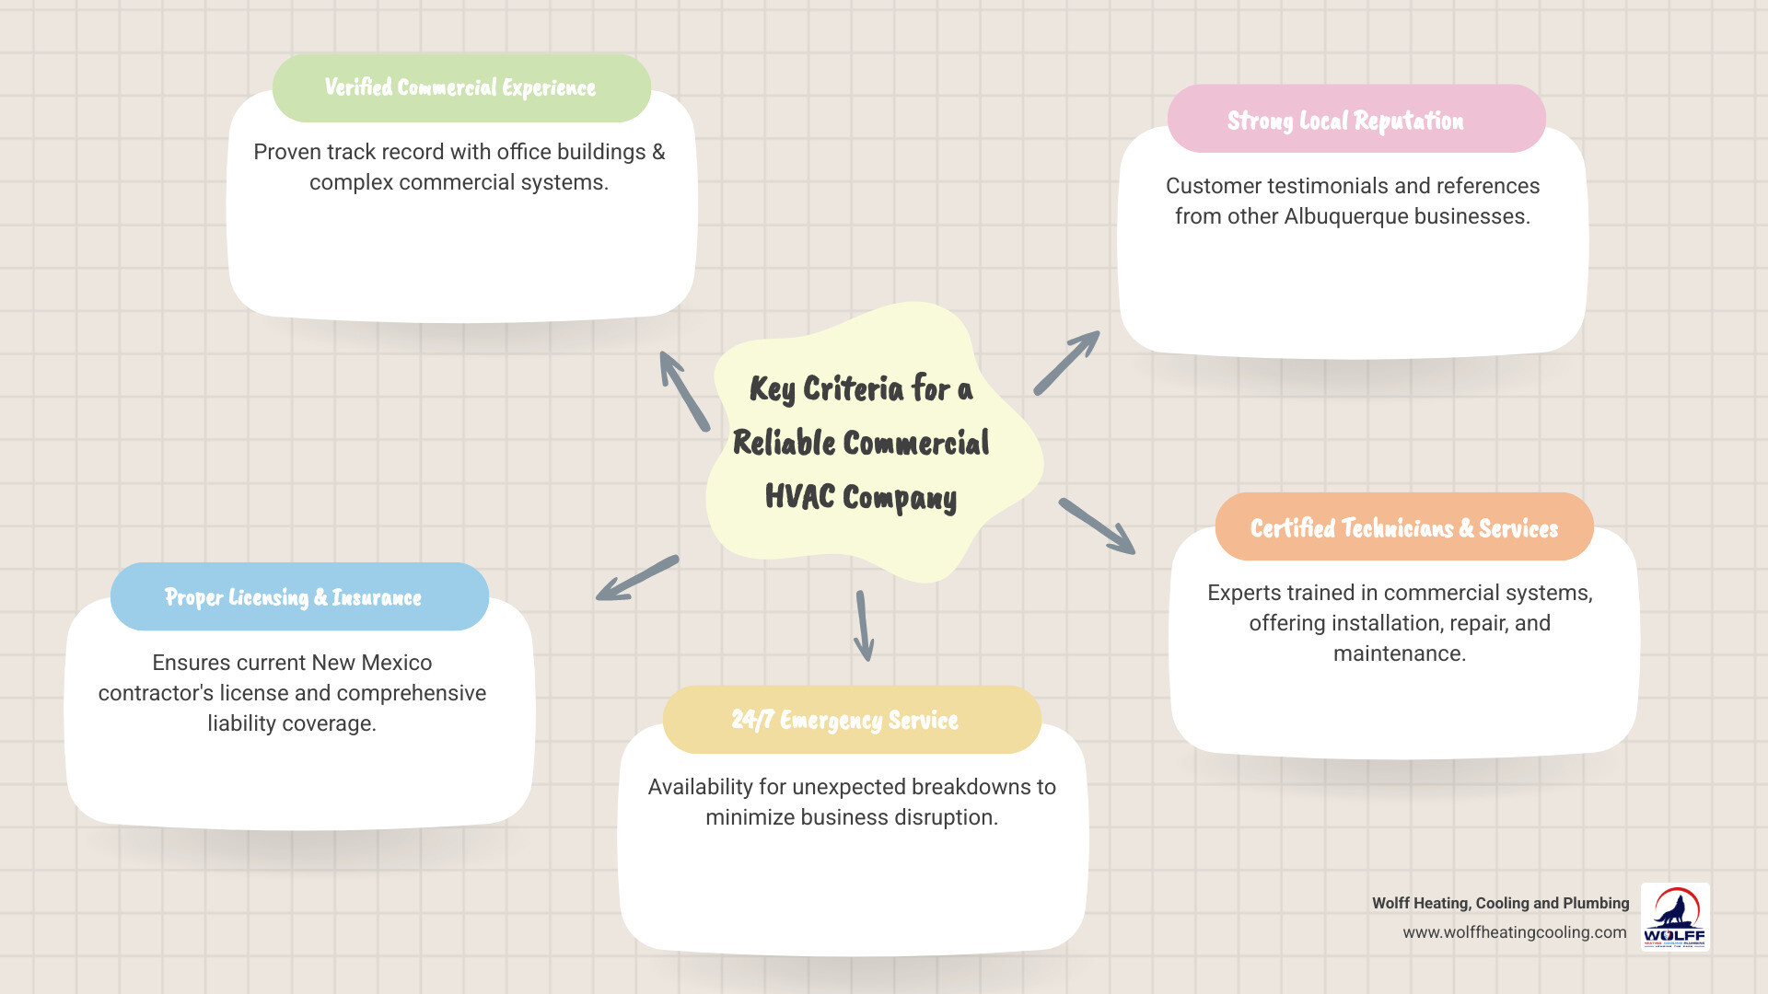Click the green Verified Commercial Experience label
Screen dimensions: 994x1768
pyautogui.click(x=460, y=87)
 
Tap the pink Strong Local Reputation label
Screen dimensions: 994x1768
pyautogui.click(x=1345, y=121)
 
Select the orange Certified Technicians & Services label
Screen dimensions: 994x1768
pyautogui.click(x=1403, y=527)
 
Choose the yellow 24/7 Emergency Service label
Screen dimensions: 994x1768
pyautogui.click(x=845, y=720)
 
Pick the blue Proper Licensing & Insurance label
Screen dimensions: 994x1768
pyautogui.click(x=294, y=597)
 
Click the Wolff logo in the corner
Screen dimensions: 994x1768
pyautogui.click(x=1675, y=917)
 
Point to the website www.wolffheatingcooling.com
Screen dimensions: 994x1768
pyautogui.click(x=1515, y=932)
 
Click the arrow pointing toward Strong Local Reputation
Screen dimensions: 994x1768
pyautogui.click(x=1066, y=363)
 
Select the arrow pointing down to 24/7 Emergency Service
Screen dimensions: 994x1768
pyautogui.click(x=864, y=626)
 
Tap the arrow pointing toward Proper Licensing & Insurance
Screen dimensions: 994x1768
pyautogui.click(x=636, y=579)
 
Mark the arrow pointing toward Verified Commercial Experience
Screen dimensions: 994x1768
pyautogui.click(x=684, y=391)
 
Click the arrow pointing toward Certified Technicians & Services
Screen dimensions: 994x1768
pyautogui.click(x=1097, y=526)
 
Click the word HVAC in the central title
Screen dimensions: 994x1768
pyautogui.click(x=799, y=497)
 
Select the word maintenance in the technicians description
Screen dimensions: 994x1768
pyautogui.click(x=1399, y=653)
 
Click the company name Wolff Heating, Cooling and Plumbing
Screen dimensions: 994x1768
pyautogui.click(x=1500, y=903)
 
